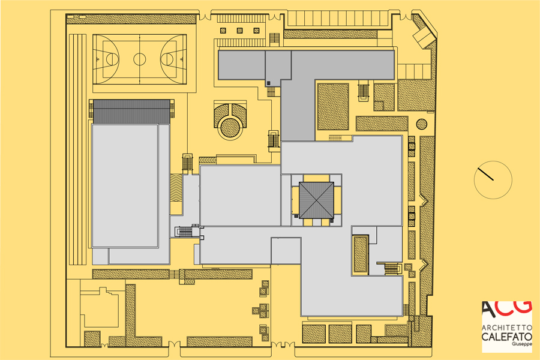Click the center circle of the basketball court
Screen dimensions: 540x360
coord(139,59)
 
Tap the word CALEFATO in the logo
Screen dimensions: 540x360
coord(507,337)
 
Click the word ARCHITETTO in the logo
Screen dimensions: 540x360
coord(507,327)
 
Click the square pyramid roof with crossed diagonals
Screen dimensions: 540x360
coord(316,200)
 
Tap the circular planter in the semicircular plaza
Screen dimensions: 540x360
coord(230,127)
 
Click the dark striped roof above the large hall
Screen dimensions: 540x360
coord(131,111)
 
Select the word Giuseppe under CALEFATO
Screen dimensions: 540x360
coord(522,344)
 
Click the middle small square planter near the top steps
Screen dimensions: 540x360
coord(239,31)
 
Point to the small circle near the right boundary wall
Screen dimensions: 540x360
coord(421,124)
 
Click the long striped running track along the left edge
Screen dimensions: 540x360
coord(78,149)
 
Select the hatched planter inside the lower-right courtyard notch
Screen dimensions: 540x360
coord(361,253)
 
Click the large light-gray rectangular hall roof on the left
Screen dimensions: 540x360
coord(125,186)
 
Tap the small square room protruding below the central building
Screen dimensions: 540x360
coord(286,250)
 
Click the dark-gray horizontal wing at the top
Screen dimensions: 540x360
coord(306,65)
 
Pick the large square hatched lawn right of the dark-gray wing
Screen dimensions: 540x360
coord(333,106)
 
